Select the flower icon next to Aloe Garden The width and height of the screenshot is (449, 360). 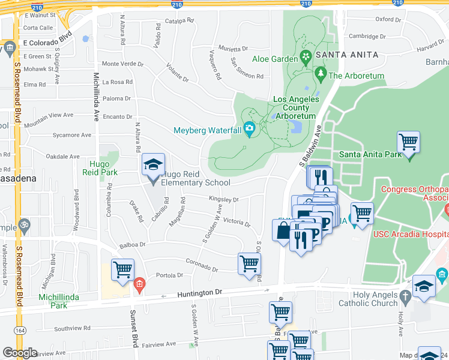[306, 58]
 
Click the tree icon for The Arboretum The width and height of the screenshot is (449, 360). [321, 75]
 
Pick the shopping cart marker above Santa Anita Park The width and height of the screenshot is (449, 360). [408, 142]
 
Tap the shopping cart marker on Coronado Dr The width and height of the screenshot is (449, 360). [249, 263]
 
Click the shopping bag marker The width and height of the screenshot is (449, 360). [282, 230]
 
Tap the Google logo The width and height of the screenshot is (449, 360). [20, 353]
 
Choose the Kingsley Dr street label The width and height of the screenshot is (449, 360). [224, 199]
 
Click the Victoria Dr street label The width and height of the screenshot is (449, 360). [237, 223]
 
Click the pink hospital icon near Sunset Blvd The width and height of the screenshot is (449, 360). [139, 284]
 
